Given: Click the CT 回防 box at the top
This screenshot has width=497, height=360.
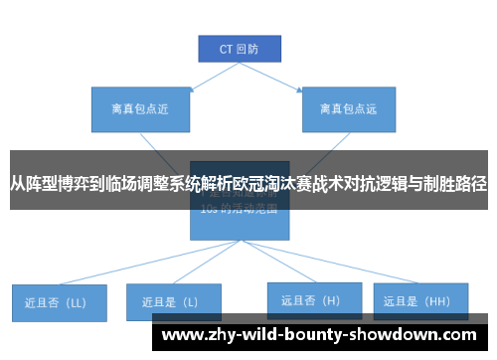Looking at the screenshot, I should [238, 47].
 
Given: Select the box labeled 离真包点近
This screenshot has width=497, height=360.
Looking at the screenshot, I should [134, 108].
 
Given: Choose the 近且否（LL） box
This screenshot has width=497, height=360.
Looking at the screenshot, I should [58, 301].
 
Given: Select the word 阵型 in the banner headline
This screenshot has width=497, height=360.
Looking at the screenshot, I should [47, 184].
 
